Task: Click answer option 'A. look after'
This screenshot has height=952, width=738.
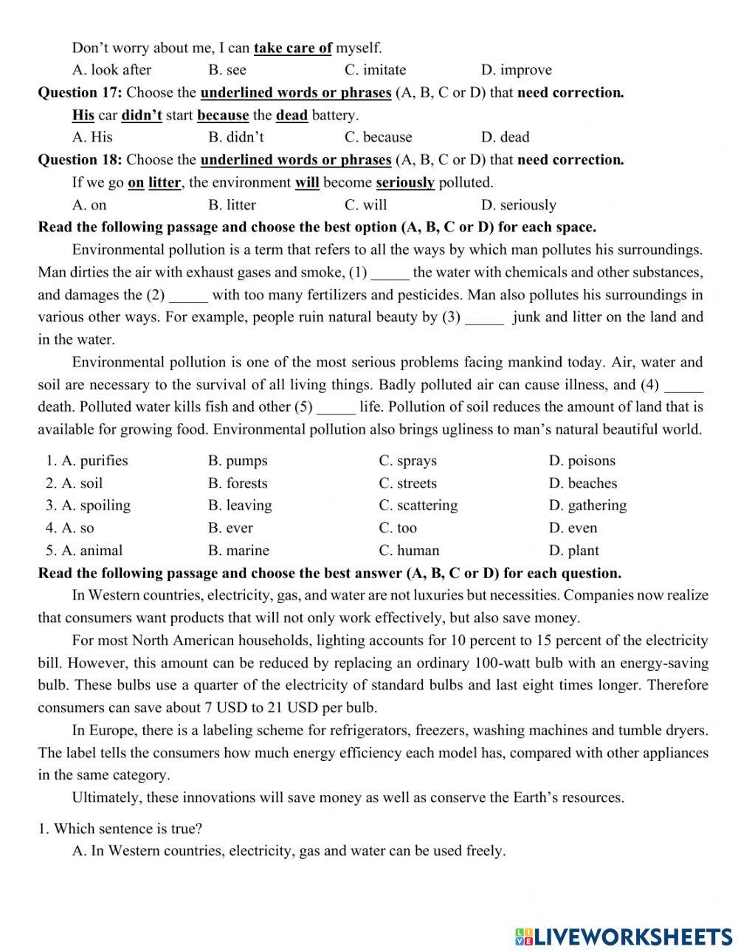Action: (x=111, y=70)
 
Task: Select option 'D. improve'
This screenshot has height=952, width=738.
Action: (x=516, y=70)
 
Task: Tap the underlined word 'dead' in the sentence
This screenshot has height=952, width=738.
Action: (x=292, y=115)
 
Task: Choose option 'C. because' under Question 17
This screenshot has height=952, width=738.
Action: (x=378, y=137)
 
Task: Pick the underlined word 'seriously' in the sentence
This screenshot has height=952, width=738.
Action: (x=405, y=182)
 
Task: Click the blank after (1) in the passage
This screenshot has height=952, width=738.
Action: (x=390, y=273)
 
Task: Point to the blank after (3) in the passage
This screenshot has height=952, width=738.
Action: (x=485, y=318)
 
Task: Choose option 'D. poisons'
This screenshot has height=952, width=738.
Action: (x=582, y=461)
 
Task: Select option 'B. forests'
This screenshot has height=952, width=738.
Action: (x=238, y=484)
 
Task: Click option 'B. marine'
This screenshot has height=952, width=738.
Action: (x=238, y=551)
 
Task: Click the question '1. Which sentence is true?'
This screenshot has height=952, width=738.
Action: (x=120, y=829)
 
